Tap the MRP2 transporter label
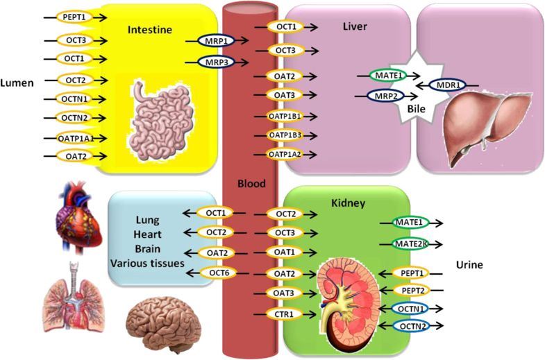[376, 96]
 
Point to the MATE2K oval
[404, 243]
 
